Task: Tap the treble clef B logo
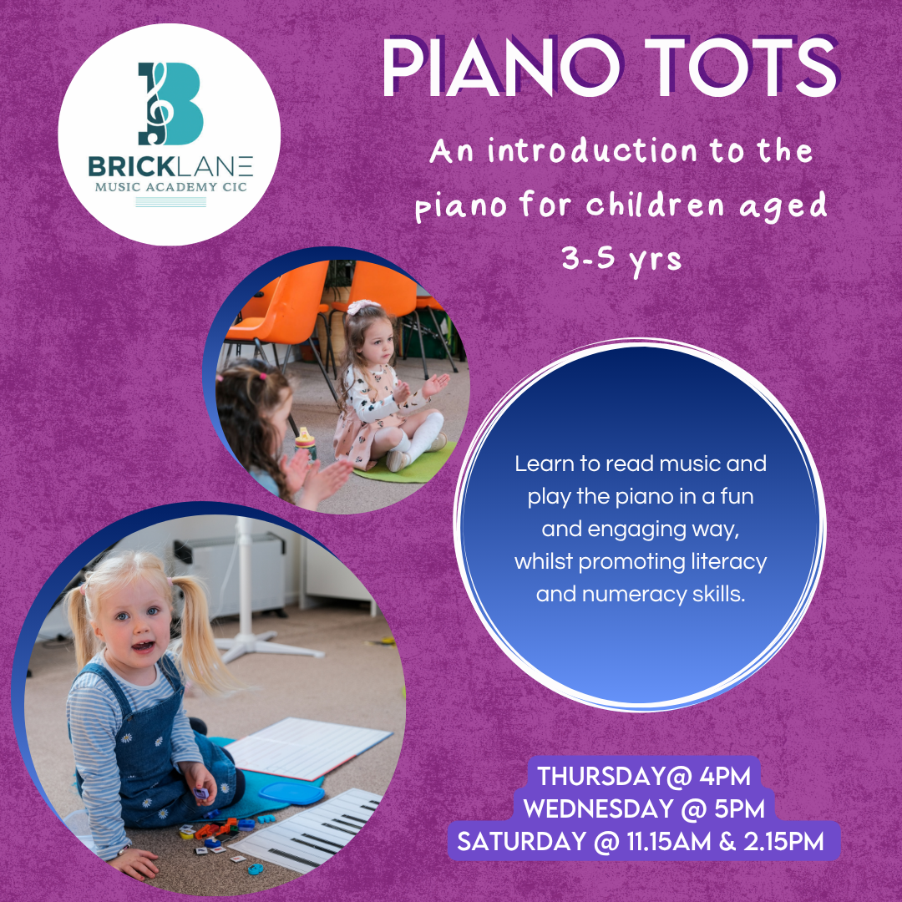click(170, 104)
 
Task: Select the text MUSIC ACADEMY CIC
click(171, 187)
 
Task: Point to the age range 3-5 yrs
click(621, 259)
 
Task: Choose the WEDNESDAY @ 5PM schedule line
click(644, 808)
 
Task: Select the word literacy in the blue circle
click(730, 561)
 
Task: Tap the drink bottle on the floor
click(306, 443)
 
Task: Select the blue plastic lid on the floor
click(291, 793)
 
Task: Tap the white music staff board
click(307, 747)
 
